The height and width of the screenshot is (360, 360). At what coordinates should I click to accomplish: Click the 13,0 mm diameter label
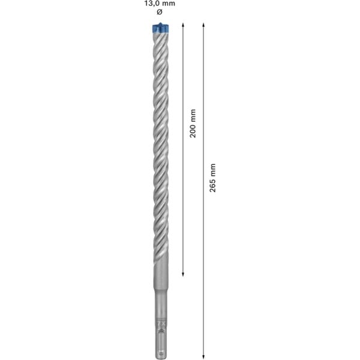tap(160, 4)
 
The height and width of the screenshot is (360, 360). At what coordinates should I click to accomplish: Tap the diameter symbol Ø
tap(160, 12)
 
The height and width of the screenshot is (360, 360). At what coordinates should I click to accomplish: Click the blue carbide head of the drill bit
tap(160, 28)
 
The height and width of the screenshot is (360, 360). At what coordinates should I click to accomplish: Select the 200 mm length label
tap(193, 124)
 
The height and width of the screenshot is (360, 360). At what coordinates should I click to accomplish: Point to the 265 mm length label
tap(213, 178)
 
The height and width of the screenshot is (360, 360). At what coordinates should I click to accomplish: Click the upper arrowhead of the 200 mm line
tap(183, 25)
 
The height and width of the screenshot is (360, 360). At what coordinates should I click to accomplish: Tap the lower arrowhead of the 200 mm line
tap(183, 274)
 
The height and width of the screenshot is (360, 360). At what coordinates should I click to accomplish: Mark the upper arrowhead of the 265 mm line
tap(203, 25)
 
